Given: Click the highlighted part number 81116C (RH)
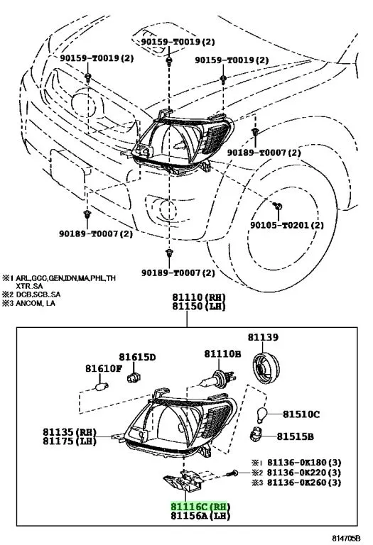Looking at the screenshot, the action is click(x=200, y=507).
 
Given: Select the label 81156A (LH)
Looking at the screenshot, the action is click(x=200, y=515).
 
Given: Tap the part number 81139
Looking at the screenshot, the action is click(x=263, y=337).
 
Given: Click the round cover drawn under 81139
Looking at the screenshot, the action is click(x=266, y=368).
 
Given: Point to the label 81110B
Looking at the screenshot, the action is click(x=222, y=354).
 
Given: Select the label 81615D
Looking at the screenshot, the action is click(x=137, y=357).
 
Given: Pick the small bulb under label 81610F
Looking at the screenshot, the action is click(x=102, y=386).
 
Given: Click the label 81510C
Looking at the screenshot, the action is click(x=301, y=414).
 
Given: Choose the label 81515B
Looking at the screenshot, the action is click(x=295, y=436).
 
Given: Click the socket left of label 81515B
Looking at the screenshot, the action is click(x=256, y=435).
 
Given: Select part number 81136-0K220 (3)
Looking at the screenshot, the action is click(x=304, y=473).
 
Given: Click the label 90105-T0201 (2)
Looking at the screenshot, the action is click(x=287, y=225).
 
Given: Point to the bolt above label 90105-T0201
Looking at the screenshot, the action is click(x=278, y=206).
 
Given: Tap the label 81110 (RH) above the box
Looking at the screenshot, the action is click(x=199, y=297).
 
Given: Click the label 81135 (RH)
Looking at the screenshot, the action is click(x=70, y=432).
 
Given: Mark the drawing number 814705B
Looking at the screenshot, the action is click(x=345, y=538).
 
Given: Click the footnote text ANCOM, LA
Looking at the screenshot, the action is click(x=36, y=303).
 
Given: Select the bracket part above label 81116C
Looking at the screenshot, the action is click(x=184, y=480).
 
